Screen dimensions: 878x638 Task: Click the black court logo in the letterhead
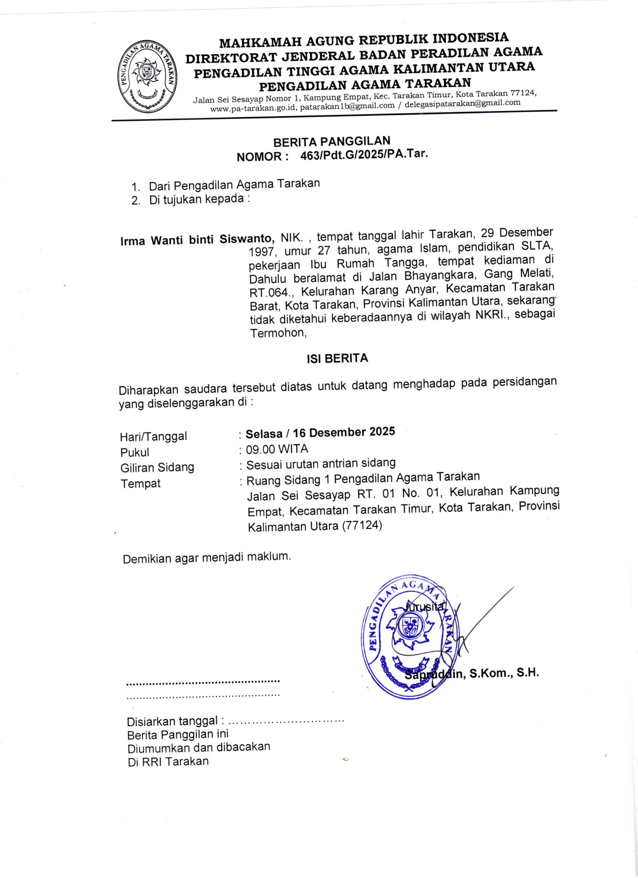tap(147, 77)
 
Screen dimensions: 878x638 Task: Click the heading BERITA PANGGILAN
tap(331, 142)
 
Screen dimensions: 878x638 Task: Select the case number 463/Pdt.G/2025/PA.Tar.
tap(364, 155)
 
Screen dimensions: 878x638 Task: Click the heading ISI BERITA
tap(337, 358)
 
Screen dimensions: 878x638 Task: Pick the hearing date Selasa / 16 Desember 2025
tap(320, 432)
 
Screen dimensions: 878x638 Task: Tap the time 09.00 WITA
tap(277, 449)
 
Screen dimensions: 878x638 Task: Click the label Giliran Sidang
tap(157, 468)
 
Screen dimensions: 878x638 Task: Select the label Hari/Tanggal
tap(153, 436)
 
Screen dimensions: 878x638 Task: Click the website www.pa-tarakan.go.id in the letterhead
tap(253, 108)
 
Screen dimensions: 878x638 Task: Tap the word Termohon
tap(278, 333)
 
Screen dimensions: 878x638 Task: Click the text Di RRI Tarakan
tap(168, 762)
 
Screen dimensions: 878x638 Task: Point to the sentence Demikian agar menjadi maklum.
tap(206, 558)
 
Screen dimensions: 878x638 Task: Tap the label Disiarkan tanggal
tap(173, 721)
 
